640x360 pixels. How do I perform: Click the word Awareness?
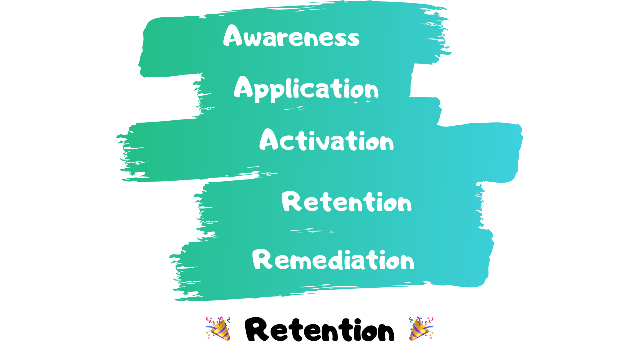pyautogui.click(x=291, y=36)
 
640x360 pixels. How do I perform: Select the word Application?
pyautogui.click(x=306, y=89)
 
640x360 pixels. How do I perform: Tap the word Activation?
pyautogui.click(x=326, y=141)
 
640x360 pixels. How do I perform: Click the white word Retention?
pyautogui.click(x=346, y=203)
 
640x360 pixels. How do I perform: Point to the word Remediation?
pyautogui.click(x=333, y=260)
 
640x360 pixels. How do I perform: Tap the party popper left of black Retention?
pyautogui.click(x=218, y=329)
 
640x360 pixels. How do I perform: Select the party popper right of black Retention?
pyautogui.click(x=421, y=329)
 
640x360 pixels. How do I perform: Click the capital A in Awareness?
pyautogui.click(x=233, y=36)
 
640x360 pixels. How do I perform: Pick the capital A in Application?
pyautogui.click(x=244, y=88)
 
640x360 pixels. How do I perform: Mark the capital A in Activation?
pyautogui.click(x=269, y=140)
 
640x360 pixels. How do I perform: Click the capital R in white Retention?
pyautogui.click(x=291, y=202)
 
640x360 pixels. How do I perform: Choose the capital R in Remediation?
pyautogui.click(x=262, y=260)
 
